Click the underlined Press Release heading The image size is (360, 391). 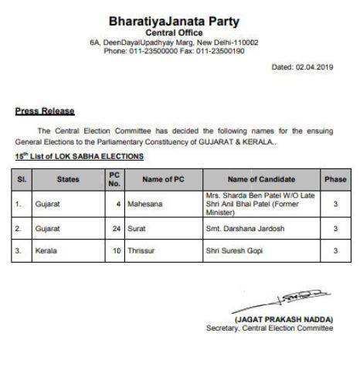click(x=39, y=111)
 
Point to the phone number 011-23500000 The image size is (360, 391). click(x=155, y=51)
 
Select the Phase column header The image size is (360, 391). click(x=335, y=179)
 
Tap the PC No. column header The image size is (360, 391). click(x=114, y=179)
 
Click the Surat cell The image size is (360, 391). click(x=139, y=229)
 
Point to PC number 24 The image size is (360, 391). click(x=116, y=229)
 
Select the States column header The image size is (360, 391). click(x=68, y=179)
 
